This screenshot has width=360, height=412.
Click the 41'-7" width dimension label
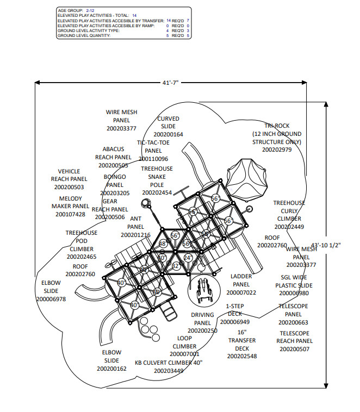[170, 82]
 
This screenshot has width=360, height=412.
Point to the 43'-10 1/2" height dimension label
[325, 245]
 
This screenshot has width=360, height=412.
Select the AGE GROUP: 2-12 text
[76, 10]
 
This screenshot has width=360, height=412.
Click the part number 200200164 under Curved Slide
[168, 134]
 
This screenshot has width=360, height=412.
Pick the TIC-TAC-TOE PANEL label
[154, 146]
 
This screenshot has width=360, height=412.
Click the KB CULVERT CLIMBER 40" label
[169, 362]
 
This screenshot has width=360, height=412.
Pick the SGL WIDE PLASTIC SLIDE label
[294, 281]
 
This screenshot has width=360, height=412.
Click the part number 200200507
[294, 349]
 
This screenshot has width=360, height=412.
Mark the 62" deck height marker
[175, 266]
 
